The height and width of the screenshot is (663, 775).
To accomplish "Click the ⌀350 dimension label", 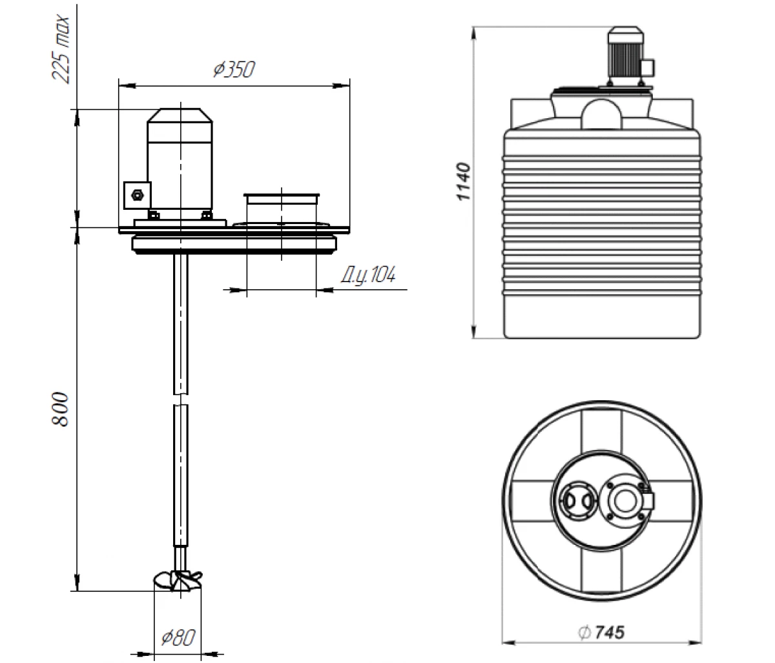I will click(234, 69).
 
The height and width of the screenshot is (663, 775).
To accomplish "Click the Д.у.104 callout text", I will click(367, 276).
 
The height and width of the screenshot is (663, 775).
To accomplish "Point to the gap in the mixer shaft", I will click(181, 399).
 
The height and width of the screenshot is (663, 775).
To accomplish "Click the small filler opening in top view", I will click(573, 500).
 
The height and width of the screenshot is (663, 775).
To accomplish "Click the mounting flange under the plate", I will click(234, 244).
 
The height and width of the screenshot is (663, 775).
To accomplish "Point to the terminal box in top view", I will click(648, 501).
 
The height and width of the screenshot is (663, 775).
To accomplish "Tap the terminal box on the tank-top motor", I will click(648, 67).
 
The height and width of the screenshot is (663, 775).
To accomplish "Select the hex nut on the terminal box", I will click(136, 195).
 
